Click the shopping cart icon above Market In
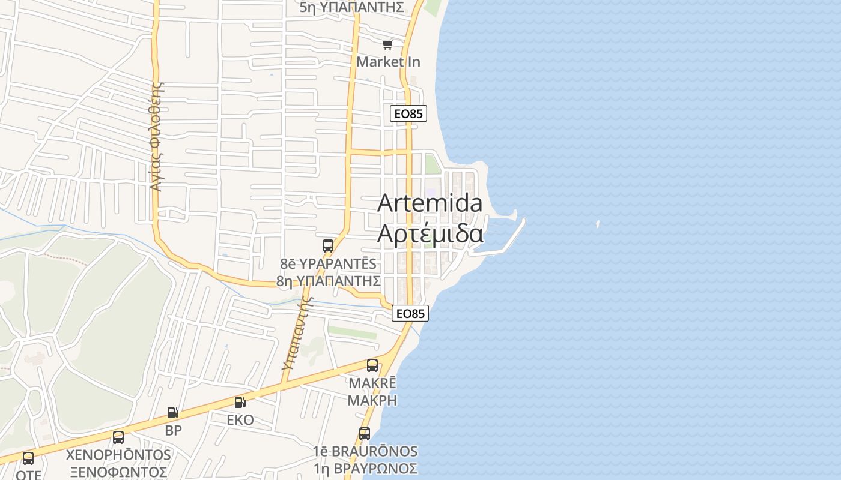387,44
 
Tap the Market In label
388,62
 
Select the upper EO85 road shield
408,113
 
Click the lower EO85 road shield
410,313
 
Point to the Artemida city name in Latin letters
430,203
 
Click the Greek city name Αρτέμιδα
430,233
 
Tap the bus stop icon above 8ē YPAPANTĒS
327,245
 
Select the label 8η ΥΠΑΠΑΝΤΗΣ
329,281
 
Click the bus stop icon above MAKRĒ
372,365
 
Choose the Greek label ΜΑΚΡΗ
372,400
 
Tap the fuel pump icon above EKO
240,402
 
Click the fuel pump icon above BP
173,412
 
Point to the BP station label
173,430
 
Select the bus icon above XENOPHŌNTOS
118,437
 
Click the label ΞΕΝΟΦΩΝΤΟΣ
118,472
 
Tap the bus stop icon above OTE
28,458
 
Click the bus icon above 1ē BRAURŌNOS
365,433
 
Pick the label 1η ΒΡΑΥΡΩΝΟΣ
365,468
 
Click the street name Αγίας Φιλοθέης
156,137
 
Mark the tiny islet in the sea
598,224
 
